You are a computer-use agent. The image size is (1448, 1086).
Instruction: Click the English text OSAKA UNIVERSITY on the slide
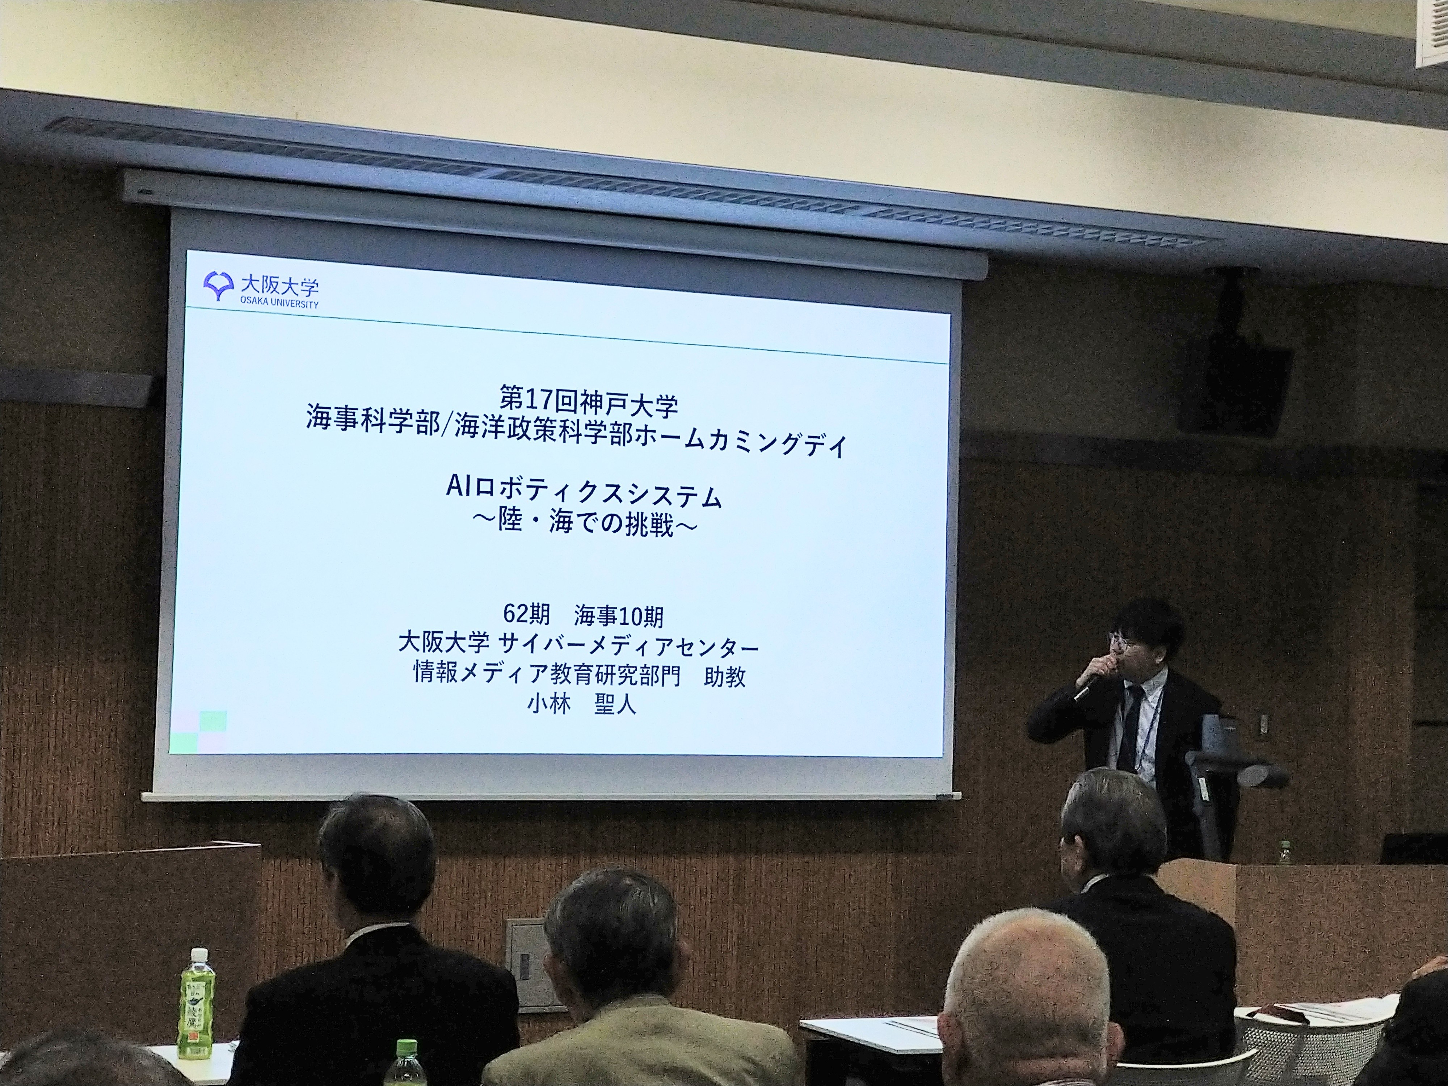point(279,304)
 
